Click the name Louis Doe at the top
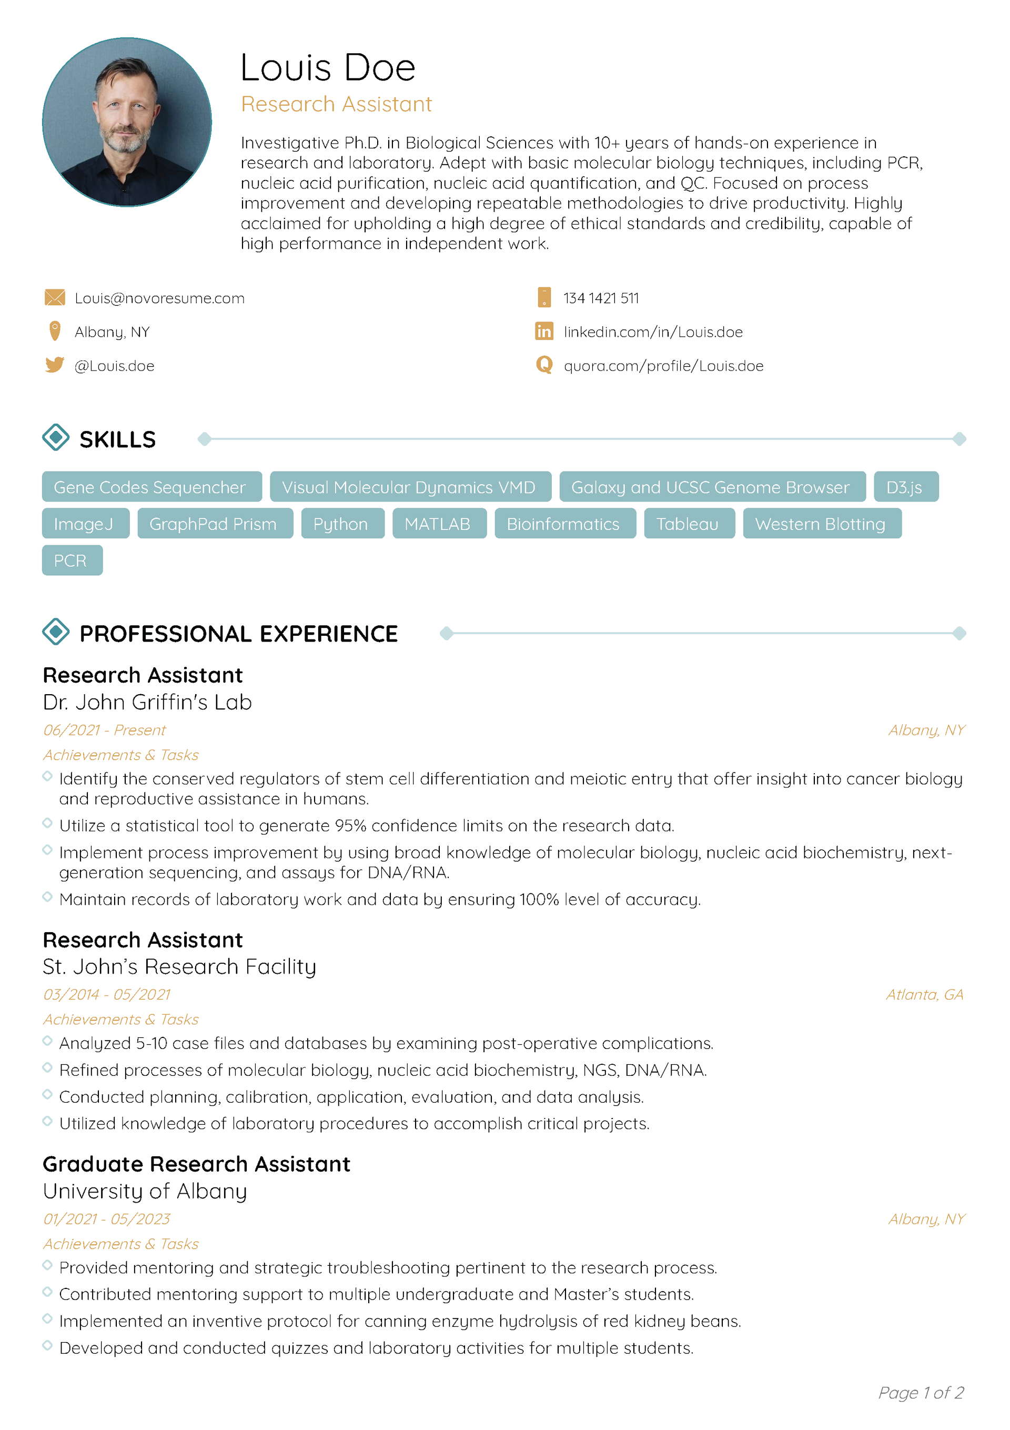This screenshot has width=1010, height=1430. click(x=328, y=67)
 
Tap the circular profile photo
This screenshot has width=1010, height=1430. click(x=127, y=122)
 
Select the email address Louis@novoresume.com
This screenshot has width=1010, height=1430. click(x=159, y=298)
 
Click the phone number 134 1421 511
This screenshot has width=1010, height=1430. click(x=601, y=298)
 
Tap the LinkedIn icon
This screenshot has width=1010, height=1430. click(x=543, y=332)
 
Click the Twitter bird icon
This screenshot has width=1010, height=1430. click(x=55, y=365)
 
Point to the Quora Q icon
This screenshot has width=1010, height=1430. click(x=543, y=365)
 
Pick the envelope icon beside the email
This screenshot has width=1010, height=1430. click(x=55, y=298)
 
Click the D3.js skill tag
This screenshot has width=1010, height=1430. click(x=905, y=487)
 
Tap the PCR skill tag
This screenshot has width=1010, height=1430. click(x=72, y=561)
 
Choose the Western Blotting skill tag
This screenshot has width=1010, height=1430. click(x=821, y=524)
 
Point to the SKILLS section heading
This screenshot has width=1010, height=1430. click(x=118, y=439)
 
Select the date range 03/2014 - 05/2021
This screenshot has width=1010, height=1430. click(x=106, y=995)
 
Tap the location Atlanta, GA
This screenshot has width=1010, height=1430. click(x=925, y=995)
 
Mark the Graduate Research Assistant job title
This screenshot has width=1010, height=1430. click(x=196, y=1164)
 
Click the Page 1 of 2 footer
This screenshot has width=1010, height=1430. click(x=921, y=1393)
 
